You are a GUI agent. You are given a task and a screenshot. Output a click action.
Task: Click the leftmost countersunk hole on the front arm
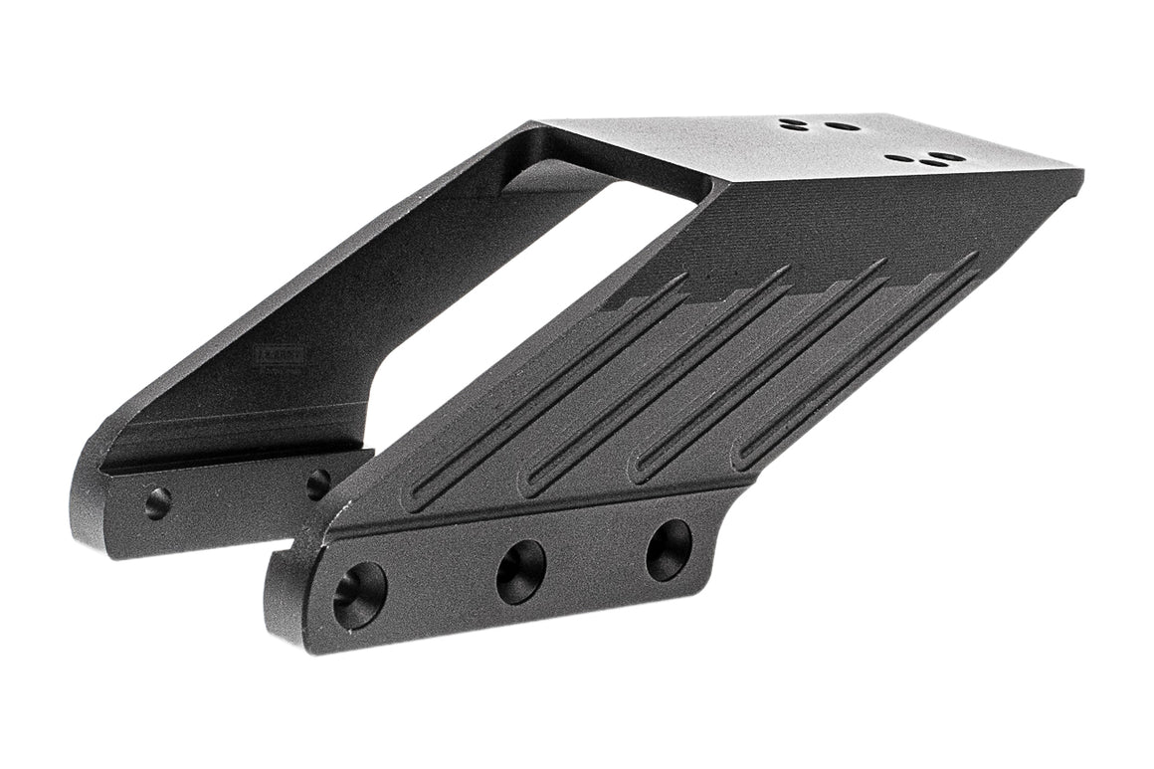(x=359, y=595)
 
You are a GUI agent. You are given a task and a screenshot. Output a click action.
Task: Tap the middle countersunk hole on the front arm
(x=521, y=571)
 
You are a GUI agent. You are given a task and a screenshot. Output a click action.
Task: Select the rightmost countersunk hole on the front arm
(x=669, y=550)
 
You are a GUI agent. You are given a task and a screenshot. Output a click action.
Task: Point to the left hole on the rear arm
(x=157, y=502)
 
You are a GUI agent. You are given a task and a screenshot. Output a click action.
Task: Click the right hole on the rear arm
(x=318, y=484)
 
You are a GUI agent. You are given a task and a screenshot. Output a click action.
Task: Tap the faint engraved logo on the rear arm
(x=279, y=355)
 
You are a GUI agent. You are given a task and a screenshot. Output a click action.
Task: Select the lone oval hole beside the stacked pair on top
(x=844, y=127)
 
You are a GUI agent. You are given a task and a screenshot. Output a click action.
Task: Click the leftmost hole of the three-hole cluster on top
(x=899, y=157)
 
